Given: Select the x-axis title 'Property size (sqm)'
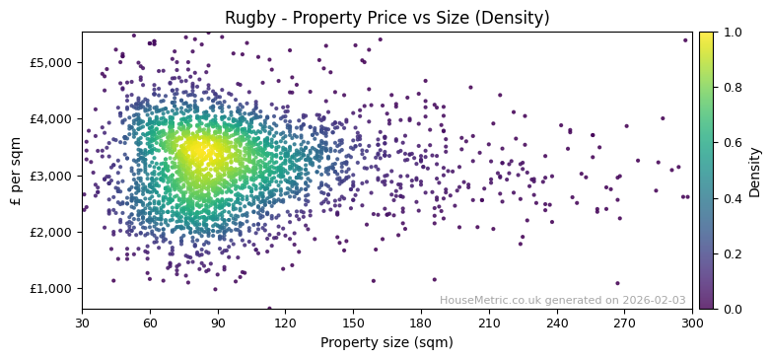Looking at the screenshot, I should pyautogui.click(x=386, y=343).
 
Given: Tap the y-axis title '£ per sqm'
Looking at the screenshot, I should pyautogui.click(x=16, y=171).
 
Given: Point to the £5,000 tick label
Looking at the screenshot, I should pyautogui.click(x=50, y=62).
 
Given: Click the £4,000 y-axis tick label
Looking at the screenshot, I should pyautogui.click(x=50, y=118).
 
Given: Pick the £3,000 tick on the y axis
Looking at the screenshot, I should pyautogui.click(x=50, y=176).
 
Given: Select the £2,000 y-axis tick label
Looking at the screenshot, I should pyautogui.click(x=50, y=232).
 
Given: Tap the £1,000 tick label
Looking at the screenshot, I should pyautogui.click(x=50, y=289).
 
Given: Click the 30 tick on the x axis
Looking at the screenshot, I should pyautogui.click(x=82, y=322).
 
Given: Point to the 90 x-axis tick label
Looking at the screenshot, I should pyautogui.click(x=218, y=322).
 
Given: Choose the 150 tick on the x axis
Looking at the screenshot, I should pyautogui.click(x=353, y=322).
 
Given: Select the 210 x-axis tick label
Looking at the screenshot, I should pyautogui.click(x=489, y=322).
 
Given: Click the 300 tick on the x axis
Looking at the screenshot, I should pyautogui.click(x=692, y=322).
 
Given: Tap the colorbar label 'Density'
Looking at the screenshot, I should pyautogui.click(x=755, y=171).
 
